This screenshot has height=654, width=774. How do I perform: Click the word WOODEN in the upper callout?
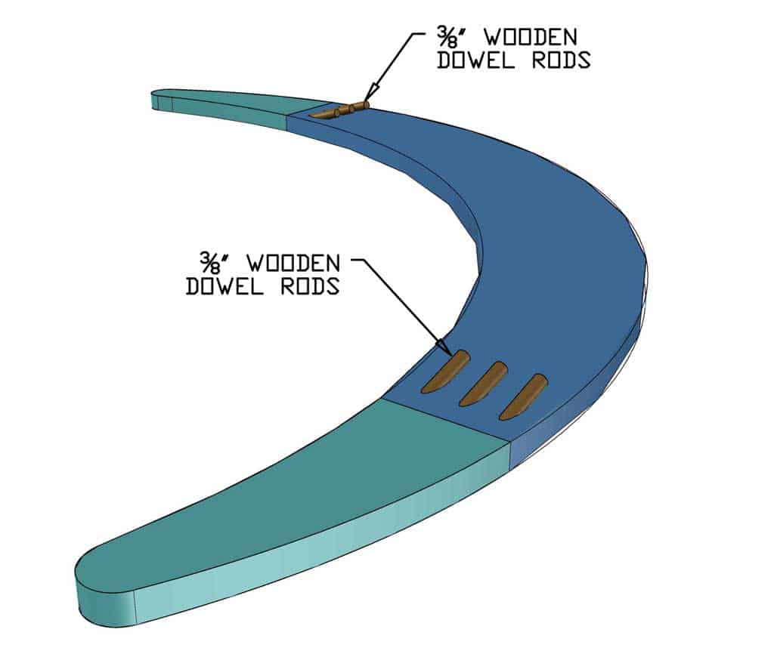click(522, 37)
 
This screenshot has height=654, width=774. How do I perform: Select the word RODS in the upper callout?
click(560, 60)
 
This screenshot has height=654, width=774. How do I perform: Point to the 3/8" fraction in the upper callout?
click(447, 37)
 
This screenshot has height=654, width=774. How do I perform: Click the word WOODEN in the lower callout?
click(293, 264)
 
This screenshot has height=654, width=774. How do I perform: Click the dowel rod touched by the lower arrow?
click(446, 372)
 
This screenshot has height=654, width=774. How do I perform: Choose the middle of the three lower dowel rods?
click(484, 383)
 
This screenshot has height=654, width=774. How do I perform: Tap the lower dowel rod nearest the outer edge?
click(523, 396)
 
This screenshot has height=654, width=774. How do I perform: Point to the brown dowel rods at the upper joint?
click(340, 111)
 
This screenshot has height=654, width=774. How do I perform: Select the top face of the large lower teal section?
click(302, 491)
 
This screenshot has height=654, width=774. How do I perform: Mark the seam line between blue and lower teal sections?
click(446, 420)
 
